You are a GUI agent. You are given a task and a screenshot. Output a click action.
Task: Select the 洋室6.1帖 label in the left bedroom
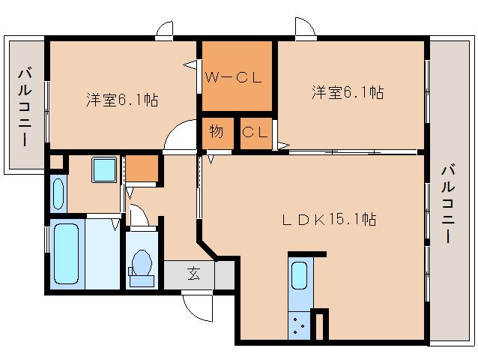click(121, 100)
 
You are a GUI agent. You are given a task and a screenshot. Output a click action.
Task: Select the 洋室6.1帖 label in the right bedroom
click(348, 92)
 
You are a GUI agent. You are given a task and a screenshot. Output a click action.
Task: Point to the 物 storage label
click(217, 133)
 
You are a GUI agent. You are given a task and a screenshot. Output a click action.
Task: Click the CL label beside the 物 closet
click(255, 133)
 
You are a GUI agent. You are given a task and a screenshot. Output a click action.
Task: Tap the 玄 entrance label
click(194, 274)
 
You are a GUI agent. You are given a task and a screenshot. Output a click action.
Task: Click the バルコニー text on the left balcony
click(25, 106)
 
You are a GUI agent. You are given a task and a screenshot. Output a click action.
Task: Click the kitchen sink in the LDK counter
click(299, 275)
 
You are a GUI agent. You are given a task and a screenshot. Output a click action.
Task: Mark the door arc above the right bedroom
click(304, 31)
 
